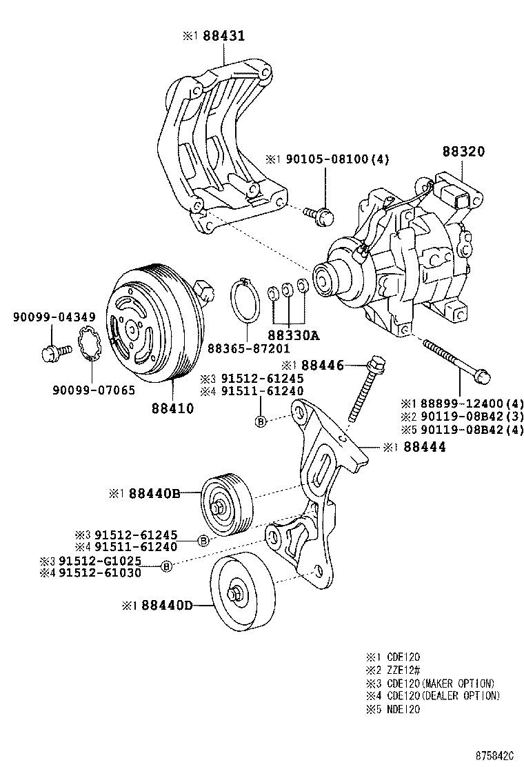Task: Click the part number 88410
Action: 172,408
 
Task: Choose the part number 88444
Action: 424,447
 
